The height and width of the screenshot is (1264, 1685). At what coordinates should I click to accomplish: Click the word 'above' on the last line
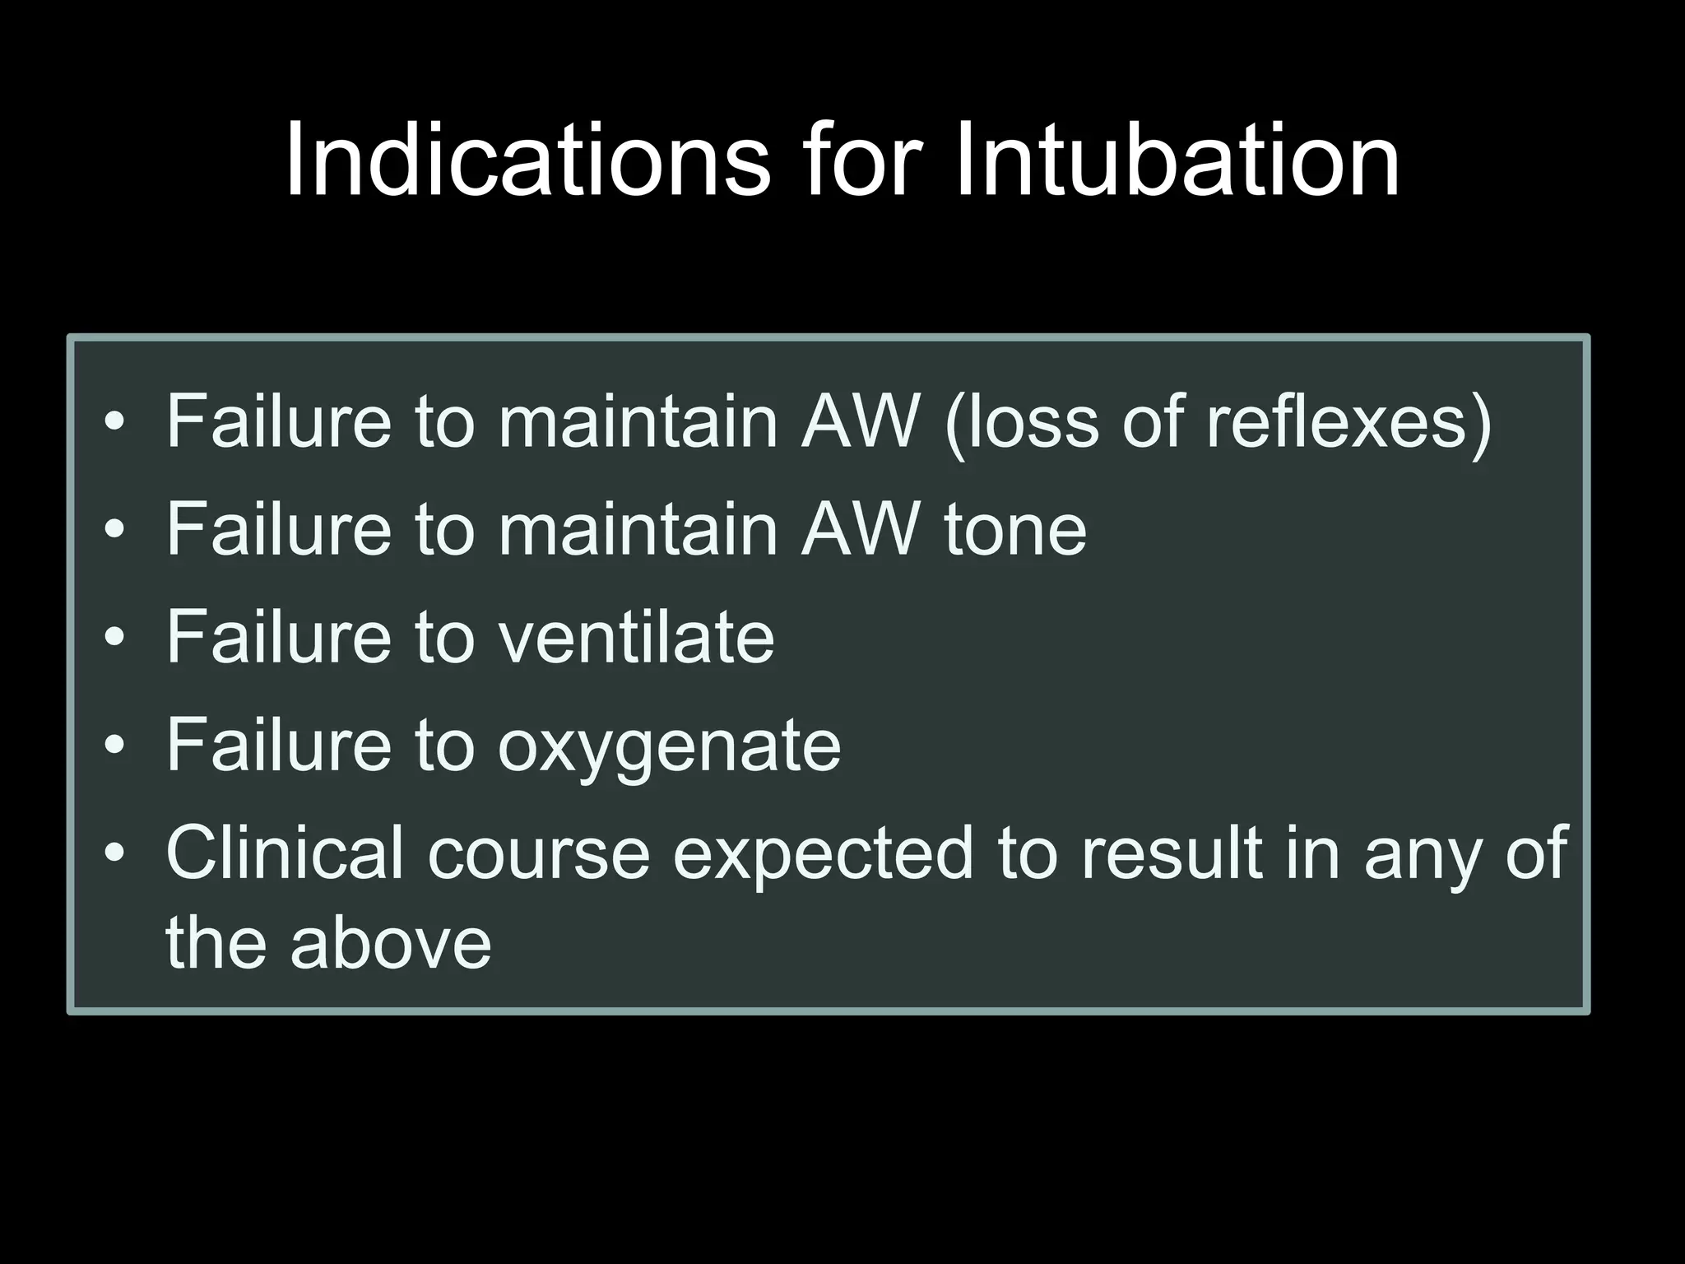(x=391, y=943)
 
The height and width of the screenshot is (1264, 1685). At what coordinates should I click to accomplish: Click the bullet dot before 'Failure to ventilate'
(x=115, y=638)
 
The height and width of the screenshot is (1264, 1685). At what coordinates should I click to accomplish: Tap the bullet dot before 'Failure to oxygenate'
(x=115, y=746)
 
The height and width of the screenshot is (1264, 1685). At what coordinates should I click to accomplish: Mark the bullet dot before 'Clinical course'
(x=115, y=853)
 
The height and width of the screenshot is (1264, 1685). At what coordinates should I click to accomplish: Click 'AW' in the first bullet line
(x=860, y=422)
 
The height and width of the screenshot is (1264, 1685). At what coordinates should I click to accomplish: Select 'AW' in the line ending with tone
(x=860, y=530)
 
